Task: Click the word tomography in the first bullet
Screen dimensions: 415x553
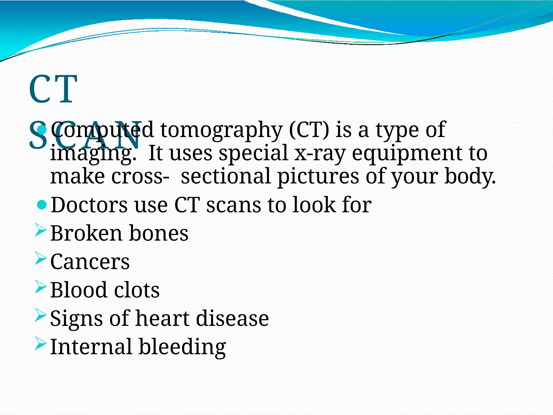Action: (221, 130)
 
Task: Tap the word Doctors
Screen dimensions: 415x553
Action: (89, 205)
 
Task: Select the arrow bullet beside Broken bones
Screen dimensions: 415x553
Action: (41, 230)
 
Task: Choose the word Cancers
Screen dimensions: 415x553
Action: (90, 262)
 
